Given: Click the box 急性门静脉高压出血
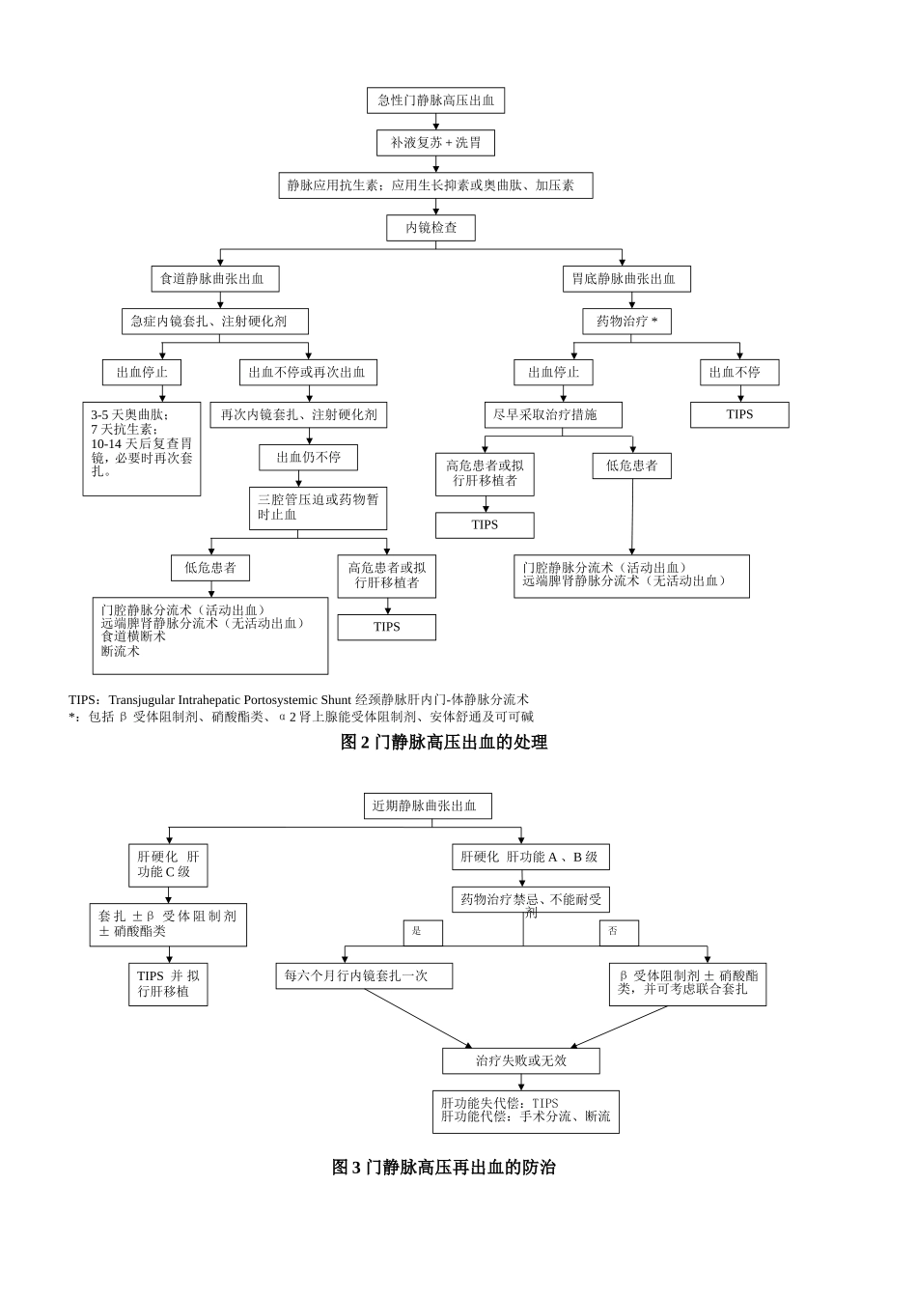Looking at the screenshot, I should click(x=435, y=100).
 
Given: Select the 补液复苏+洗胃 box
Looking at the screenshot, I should click(x=435, y=143).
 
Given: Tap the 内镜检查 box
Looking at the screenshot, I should click(x=431, y=228).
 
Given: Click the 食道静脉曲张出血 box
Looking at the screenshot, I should click(x=215, y=279).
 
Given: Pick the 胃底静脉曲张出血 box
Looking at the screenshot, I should click(x=626, y=279).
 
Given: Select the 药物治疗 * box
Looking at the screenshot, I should click(x=626, y=322).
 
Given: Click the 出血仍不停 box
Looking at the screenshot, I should click(x=308, y=458).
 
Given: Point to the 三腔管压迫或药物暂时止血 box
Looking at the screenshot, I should click(x=318, y=508).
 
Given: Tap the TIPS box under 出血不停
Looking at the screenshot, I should click(x=739, y=414).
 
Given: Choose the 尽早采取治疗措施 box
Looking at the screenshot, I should click(x=553, y=415).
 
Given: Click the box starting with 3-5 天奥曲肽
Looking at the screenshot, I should click(x=142, y=448).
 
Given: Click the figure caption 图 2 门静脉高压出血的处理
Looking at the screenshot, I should click(x=444, y=742).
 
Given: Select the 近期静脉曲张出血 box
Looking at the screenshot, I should click(x=428, y=805).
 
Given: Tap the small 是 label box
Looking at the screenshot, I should click(x=423, y=932).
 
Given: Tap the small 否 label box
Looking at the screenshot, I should click(x=619, y=932).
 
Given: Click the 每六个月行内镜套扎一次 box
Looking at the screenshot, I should click(x=364, y=975).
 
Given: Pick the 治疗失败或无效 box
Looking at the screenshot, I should click(x=521, y=1060).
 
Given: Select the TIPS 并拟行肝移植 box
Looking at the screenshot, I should click(x=168, y=984).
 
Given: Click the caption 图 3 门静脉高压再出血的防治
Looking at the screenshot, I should click(x=444, y=1167).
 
